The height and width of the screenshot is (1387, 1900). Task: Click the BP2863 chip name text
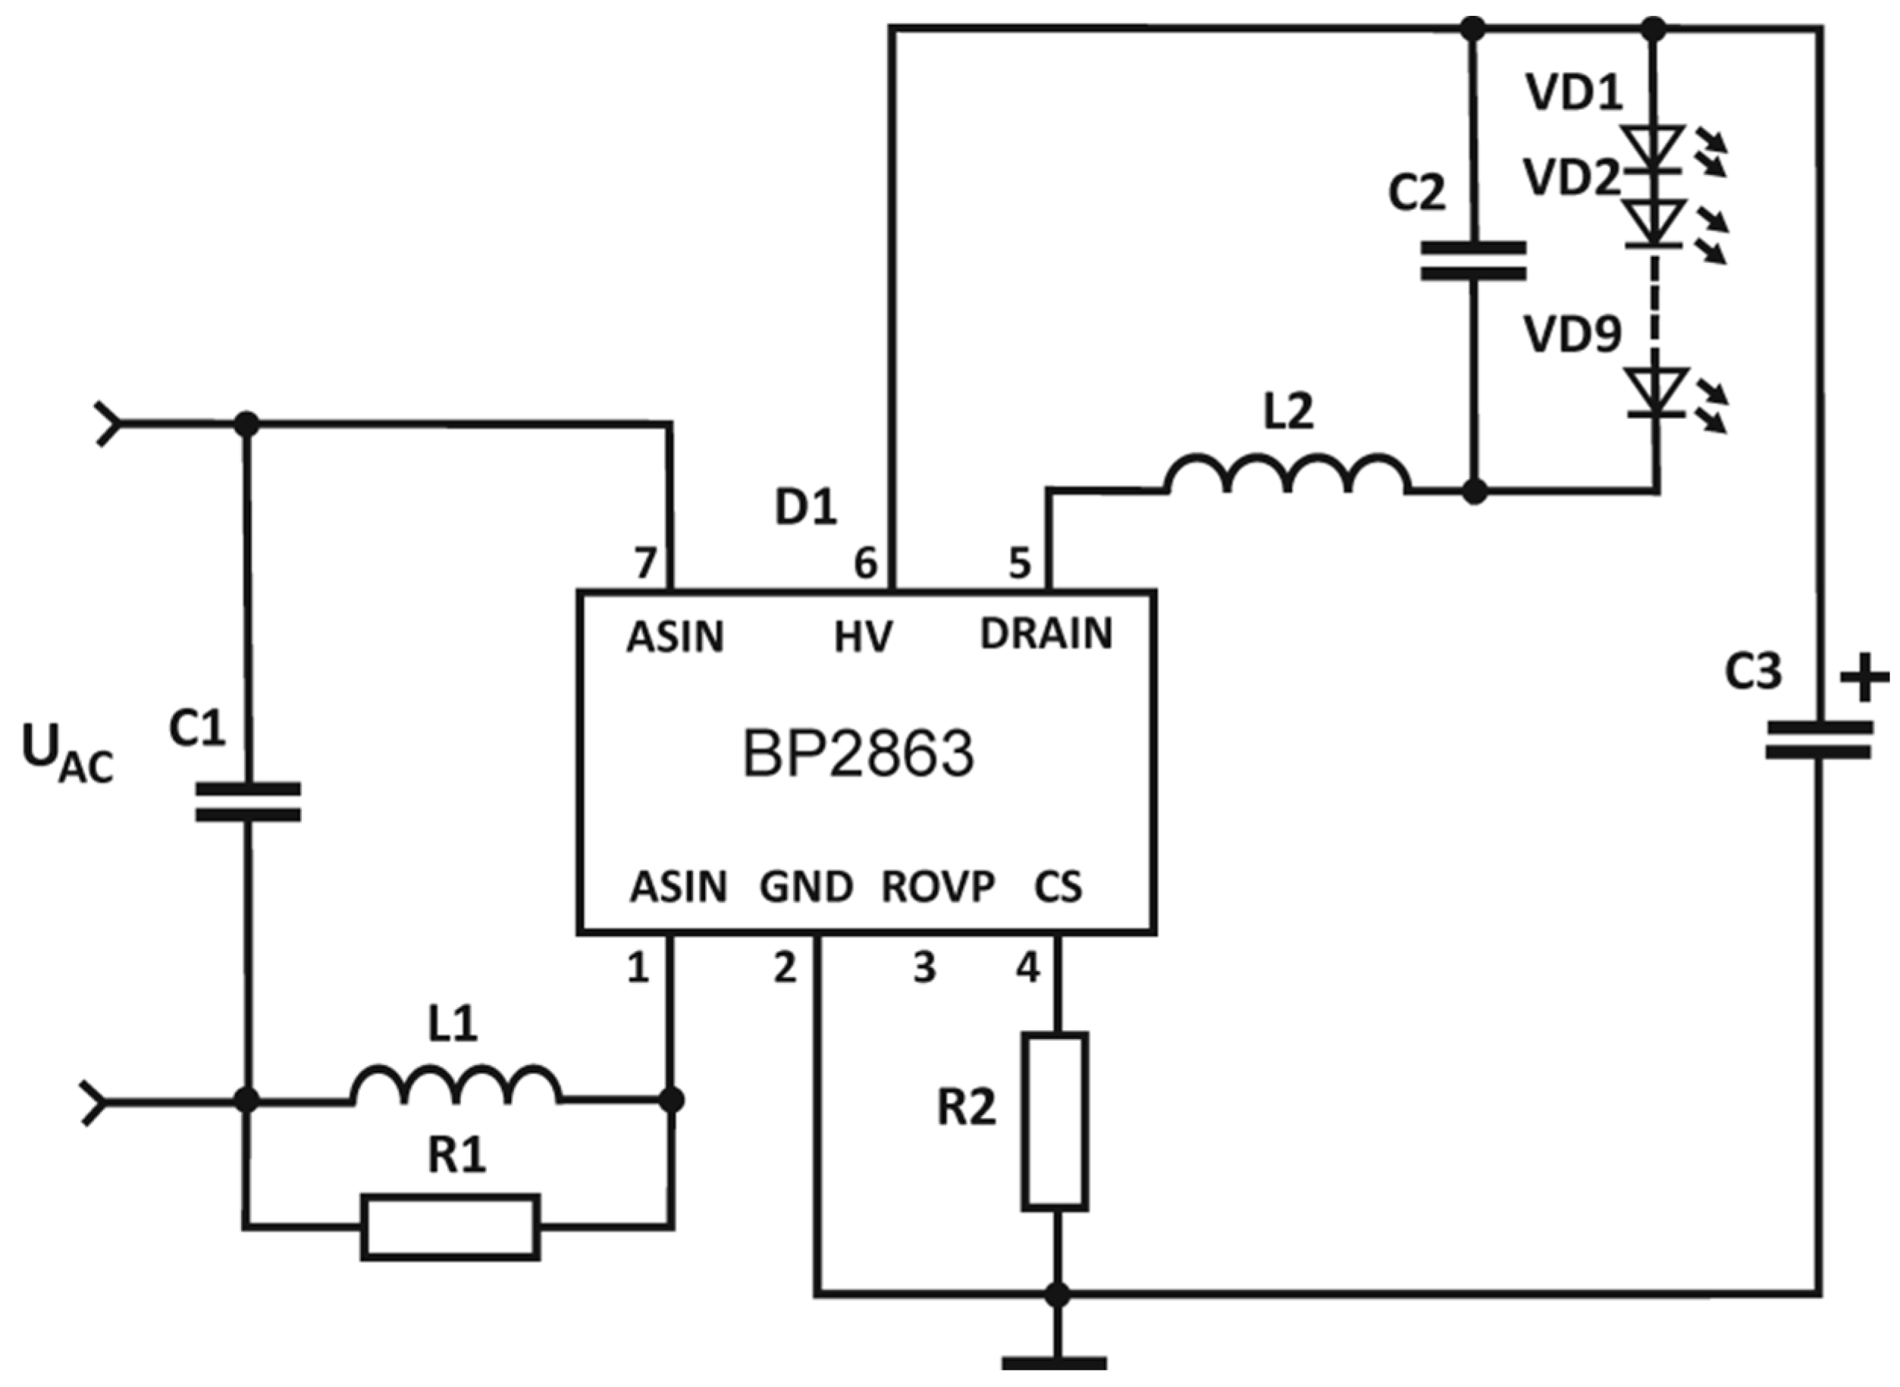[858, 753]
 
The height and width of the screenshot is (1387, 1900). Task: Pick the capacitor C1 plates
[248, 802]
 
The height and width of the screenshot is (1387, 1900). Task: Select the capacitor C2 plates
[1472, 261]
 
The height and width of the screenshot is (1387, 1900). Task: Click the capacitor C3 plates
[1819, 740]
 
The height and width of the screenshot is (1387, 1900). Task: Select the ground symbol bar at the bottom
[1054, 1363]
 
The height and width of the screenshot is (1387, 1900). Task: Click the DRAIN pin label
[1046, 634]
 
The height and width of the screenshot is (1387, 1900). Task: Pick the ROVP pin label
[937, 888]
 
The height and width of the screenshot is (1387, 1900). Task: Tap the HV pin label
[863, 637]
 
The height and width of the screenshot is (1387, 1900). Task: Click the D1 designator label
[805, 508]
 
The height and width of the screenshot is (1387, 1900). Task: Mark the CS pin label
[1058, 888]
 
